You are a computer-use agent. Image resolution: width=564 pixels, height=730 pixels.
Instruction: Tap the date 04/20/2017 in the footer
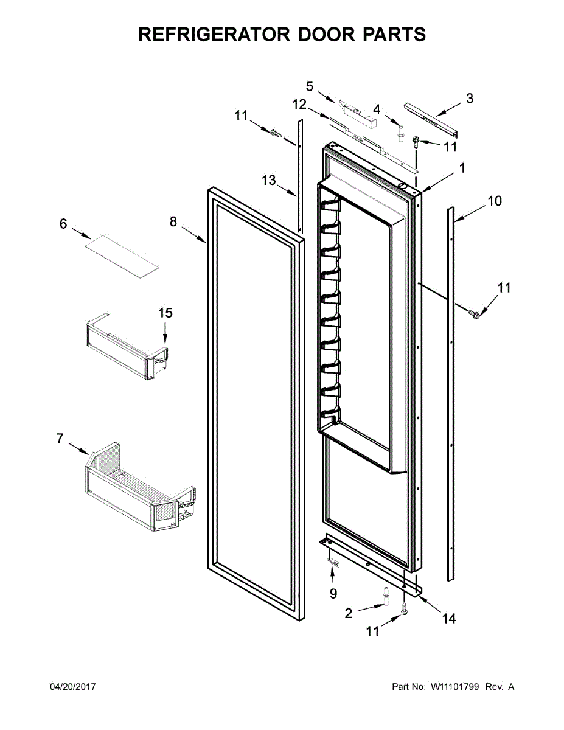point(72,687)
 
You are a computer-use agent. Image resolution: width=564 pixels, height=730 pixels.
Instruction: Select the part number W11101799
point(455,687)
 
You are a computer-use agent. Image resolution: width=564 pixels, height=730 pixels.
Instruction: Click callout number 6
point(63,224)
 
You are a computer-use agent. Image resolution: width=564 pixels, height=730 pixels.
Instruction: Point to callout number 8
point(173,222)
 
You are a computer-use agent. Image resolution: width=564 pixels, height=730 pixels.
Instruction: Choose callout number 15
point(165,313)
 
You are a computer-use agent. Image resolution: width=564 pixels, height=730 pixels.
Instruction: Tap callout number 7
point(60,438)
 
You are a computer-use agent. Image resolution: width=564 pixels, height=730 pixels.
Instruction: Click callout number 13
point(269,180)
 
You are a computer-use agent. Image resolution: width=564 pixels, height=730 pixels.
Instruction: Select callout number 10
point(495,201)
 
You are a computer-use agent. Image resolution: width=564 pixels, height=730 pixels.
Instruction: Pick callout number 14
point(448,619)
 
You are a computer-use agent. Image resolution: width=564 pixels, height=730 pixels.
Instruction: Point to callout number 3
point(469,98)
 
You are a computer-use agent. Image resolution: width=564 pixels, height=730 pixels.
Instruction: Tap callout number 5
point(310,86)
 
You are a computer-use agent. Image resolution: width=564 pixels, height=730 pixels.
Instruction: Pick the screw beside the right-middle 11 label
point(475,312)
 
